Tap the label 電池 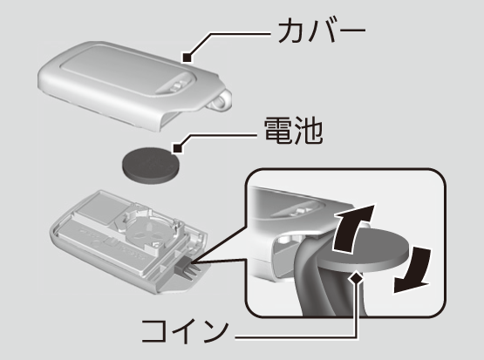click(x=293, y=131)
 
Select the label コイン click(x=185, y=331)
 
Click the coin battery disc click(x=151, y=166)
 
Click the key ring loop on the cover click(x=222, y=100)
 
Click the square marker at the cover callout click(x=187, y=58)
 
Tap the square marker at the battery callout click(x=178, y=148)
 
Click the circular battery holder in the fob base click(x=147, y=230)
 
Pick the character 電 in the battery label click(x=277, y=131)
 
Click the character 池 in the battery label click(x=309, y=131)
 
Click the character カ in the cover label click(x=290, y=31)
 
